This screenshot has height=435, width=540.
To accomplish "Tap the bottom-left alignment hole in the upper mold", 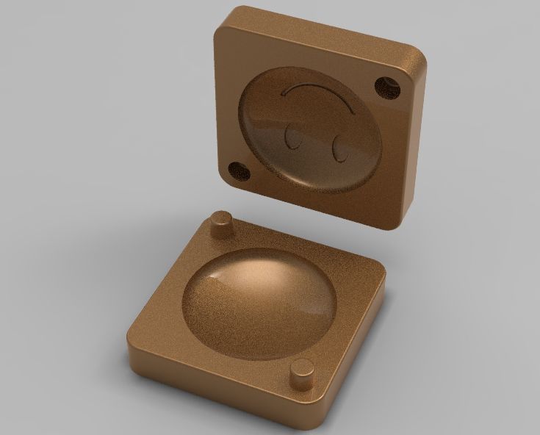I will coord(239,170).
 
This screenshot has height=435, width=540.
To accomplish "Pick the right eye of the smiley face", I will coord(339,149).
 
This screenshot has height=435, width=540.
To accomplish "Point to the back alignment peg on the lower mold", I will coord(221,225).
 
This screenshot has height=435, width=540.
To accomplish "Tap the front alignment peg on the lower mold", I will coord(301,376).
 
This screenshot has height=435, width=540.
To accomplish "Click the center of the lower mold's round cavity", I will coord(261,301).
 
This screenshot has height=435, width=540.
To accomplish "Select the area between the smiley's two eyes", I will coord(314,143).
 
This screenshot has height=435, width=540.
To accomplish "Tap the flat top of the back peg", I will coord(221,217).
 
